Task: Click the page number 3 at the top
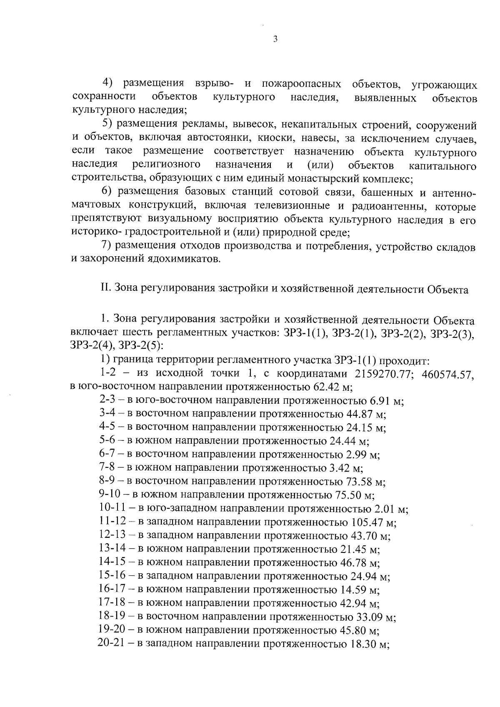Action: pyautogui.click(x=275, y=40)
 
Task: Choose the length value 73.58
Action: pyautogui.click(x=360, y=482)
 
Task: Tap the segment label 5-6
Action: pyautogui.click(x=108, y=441)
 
